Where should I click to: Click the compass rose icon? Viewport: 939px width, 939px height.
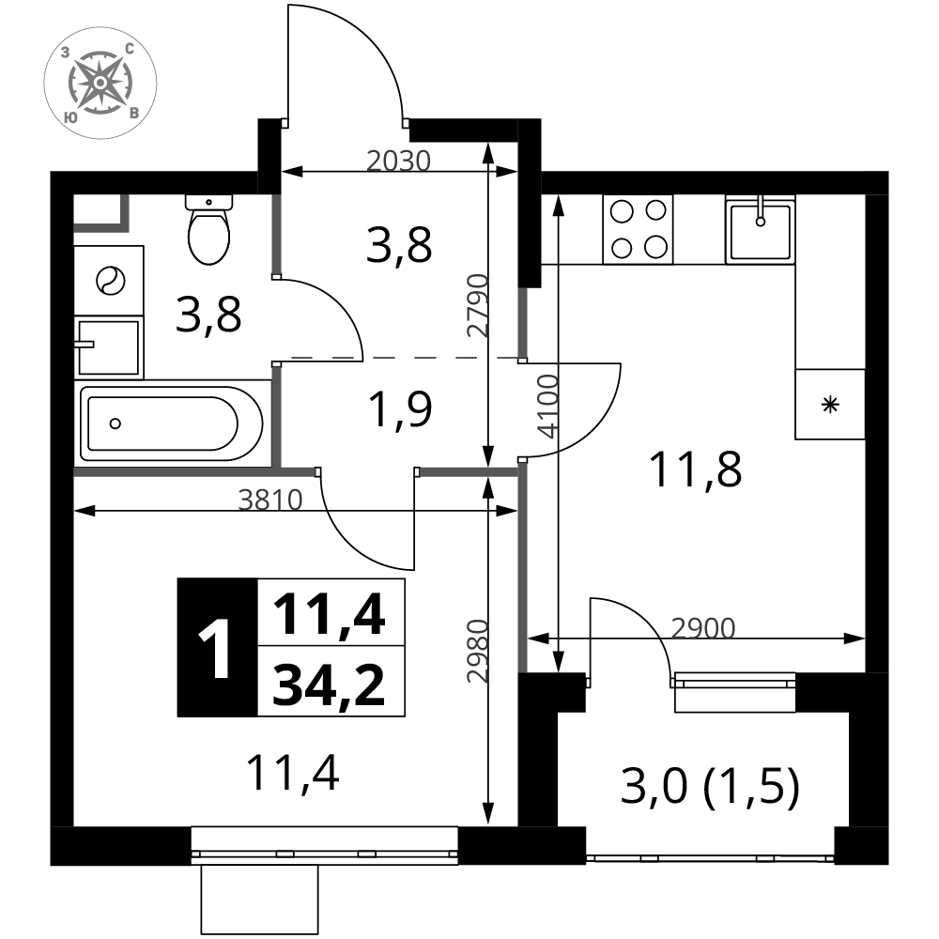coord(100,82)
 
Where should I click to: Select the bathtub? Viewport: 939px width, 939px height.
coord(171,423)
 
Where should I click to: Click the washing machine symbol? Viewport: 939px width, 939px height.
coord(109,280)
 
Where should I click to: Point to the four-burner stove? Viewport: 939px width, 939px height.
coord(639,229)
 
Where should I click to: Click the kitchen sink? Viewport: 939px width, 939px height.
coord(761,229)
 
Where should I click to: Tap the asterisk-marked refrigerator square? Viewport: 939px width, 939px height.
coord(830,404)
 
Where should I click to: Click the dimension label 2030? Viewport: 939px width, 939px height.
coord(398,162)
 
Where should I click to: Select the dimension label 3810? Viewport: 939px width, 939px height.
coord(270,500)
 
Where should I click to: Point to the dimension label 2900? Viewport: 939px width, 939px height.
coord(702,628)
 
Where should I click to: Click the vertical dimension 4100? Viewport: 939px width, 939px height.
coord(548,407)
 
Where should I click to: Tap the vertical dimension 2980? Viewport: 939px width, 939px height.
coord(479,651)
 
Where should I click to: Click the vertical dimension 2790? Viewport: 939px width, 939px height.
coord(479,305)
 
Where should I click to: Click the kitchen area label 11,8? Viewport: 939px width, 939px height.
coord(695,470)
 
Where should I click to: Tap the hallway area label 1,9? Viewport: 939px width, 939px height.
coord(401,410)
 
